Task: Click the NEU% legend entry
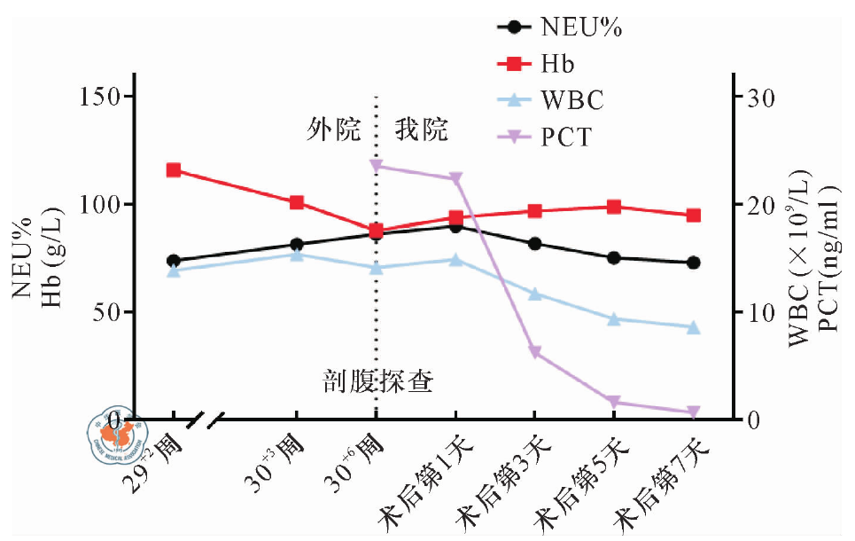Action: coord(558,27)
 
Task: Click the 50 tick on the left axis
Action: coord(113,312)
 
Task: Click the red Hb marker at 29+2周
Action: coord(174,170)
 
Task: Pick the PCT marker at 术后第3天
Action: coord(534,353)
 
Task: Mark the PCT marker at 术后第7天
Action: coord(693,412)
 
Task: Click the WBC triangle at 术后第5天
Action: coord(613,319)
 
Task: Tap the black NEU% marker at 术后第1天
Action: coord(455,226)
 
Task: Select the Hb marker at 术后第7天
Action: coord(693,216)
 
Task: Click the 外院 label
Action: coord(334,130)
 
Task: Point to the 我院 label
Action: coord(421,130)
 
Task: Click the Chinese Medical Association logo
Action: coord(113,432)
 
